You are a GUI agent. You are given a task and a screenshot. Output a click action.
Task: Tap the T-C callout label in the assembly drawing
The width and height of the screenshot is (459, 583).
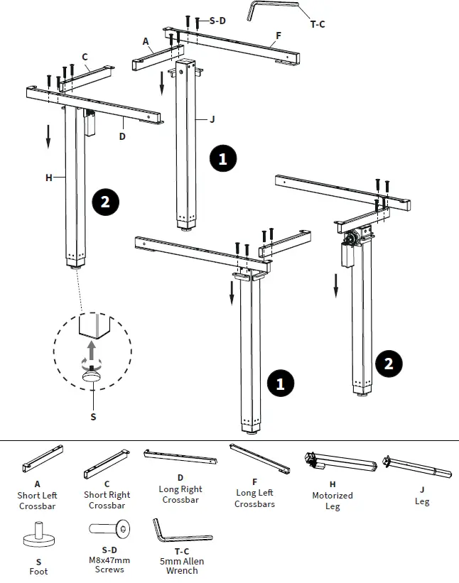tap(317, 25)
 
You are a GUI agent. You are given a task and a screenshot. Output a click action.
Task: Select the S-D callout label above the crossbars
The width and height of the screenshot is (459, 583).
tap(217, 21)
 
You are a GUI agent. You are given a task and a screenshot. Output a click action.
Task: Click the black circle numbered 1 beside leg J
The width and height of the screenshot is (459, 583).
tap(222, 158)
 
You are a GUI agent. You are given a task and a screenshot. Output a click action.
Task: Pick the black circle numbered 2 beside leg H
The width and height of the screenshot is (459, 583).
tap(105, 202)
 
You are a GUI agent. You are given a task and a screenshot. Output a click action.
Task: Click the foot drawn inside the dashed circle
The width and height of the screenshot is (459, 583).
tap(92, 376)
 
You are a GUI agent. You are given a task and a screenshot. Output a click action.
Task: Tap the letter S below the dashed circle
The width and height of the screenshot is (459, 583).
tap(92, 417)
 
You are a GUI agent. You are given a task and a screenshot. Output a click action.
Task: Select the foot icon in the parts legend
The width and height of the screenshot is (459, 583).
tap(38, 537)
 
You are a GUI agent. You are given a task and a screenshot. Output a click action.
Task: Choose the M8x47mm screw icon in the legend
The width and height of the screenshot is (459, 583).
tap(109, 529)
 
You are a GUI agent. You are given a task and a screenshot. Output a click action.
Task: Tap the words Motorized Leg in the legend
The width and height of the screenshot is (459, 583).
tap(332, 501)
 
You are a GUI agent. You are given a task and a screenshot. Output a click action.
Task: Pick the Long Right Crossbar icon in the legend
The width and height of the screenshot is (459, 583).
tap(182, 457)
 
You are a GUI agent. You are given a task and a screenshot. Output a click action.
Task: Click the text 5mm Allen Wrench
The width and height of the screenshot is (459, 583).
tap(182, 565)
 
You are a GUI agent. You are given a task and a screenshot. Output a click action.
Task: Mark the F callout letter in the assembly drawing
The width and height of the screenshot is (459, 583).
tap(278, 34)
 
